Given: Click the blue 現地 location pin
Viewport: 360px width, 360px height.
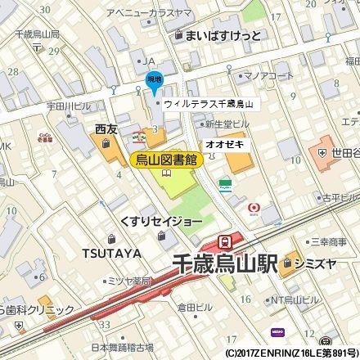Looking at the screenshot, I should pyautogui.click(x=153, y=80).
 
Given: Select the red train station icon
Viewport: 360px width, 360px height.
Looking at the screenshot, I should pyautogui.click(x=224, y=241).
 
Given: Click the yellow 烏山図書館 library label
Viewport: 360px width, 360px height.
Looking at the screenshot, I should pyautogui.click(x=166, y=160).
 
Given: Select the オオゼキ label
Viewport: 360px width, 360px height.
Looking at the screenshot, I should pyautogui.click(x=224, y=143).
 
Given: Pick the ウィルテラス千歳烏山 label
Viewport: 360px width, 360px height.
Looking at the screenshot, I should pyautogui.click(x=209, y=105).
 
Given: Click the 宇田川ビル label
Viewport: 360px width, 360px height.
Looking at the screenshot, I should pyautogui.click(x=69, y=106).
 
